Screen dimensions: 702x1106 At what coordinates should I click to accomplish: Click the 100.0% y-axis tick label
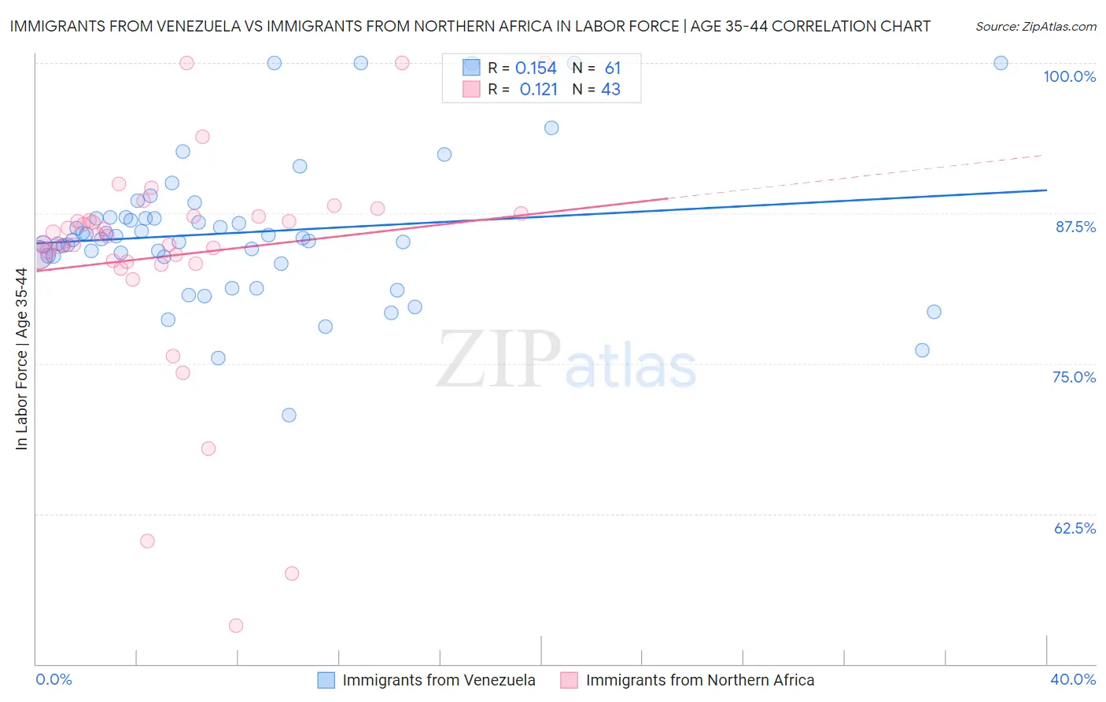tap(1069, 76)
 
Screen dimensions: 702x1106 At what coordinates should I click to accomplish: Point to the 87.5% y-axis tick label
tap(1075, 227)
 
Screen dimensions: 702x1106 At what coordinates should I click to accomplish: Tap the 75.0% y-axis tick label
tap(1074, 377)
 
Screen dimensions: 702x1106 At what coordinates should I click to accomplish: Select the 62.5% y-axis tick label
tap(1075, 528)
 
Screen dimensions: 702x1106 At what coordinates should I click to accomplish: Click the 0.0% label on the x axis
tap(53, 679)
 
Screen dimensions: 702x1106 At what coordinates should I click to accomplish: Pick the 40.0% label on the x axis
tap(1073, 679)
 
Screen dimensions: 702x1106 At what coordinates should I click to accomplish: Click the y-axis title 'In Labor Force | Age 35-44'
tap(21, 359)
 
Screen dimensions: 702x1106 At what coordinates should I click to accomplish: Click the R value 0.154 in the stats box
tap(536, 68)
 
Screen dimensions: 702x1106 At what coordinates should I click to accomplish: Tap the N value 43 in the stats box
tap(610, 90)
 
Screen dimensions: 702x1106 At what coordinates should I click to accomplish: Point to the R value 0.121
tap(538, 90)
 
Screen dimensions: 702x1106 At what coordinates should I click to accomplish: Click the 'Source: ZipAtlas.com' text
tap(1035, 26)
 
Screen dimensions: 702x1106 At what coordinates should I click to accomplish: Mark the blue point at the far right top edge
tap(1001, 63)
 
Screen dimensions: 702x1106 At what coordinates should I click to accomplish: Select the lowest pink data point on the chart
tap(236, 626)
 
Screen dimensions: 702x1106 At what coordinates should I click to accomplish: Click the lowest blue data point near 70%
tap(289, 415)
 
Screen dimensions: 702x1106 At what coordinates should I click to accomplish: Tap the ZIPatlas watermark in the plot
tap(566, 360)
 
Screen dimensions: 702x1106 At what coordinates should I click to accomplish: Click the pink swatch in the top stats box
tap(471, 89)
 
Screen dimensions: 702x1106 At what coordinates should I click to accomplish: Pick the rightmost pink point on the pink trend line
tap(521, 212)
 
